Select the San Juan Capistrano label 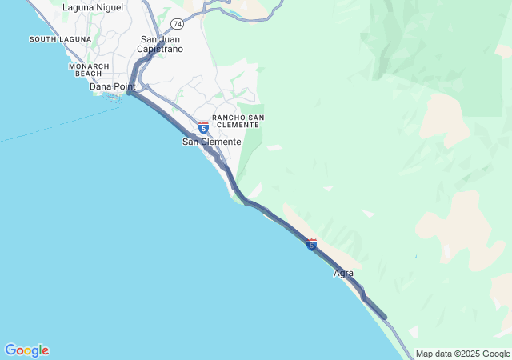pyautogui.click(x=160, y=44)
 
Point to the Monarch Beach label pyautogui.click(x=90, y=70)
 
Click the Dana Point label pyautogui.click(x=112, y=86)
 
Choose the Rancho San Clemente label pyautogui.click(x=238, y=122)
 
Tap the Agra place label pyautogui.click(x=342, y=274)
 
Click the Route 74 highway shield pyautogui.click(x=176, y=24)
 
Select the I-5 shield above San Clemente pyautogui.click(x=203, y=127)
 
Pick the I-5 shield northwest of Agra pyautogui.click(x=311, y=244)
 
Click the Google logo pyautogui.click(x=26, y=350)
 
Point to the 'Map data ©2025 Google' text pyautogui.click(x=462, y=354)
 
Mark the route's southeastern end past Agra pyautogui.click(x=386, y=318)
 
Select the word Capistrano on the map pyautogui.click(x=160, y=49)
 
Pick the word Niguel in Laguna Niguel pyautogui.click(x=107, y=8)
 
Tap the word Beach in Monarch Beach pyautogui.click(x=89, y=74)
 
